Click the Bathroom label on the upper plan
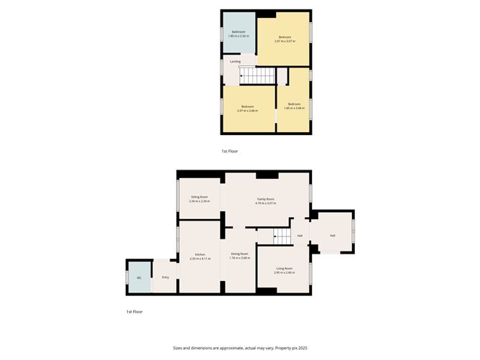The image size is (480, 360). point(238,32)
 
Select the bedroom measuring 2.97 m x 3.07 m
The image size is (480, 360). point(285,39)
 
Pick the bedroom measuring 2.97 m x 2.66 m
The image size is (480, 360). point(247,109)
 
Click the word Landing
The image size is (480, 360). point(235,62)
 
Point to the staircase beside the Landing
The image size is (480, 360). point(257,75)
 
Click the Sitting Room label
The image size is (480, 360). point(199,199)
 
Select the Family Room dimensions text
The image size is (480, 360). point(266,203)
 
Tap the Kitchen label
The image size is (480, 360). point(199,256)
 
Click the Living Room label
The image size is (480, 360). point(284,270)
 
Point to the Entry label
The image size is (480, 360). point(165,277)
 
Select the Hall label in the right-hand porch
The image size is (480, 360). point(332,235)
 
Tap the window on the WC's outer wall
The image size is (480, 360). point(127,277)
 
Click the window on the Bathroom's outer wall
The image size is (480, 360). point(222,33)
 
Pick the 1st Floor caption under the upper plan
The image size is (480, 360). point(230,152)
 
